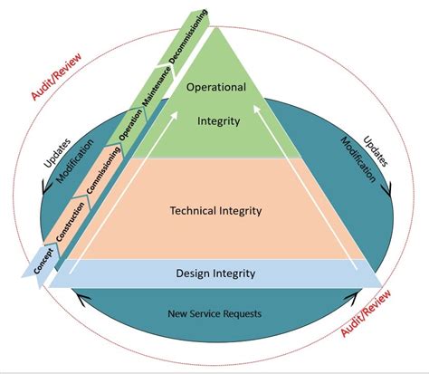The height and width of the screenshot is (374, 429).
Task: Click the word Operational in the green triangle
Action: (x=217, y=87)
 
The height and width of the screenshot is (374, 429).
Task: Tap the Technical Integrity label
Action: (x=215, y=211)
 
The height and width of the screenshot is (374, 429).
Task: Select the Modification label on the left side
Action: (x=67, y=162)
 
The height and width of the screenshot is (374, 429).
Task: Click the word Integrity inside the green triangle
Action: (x=217, y=118)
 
